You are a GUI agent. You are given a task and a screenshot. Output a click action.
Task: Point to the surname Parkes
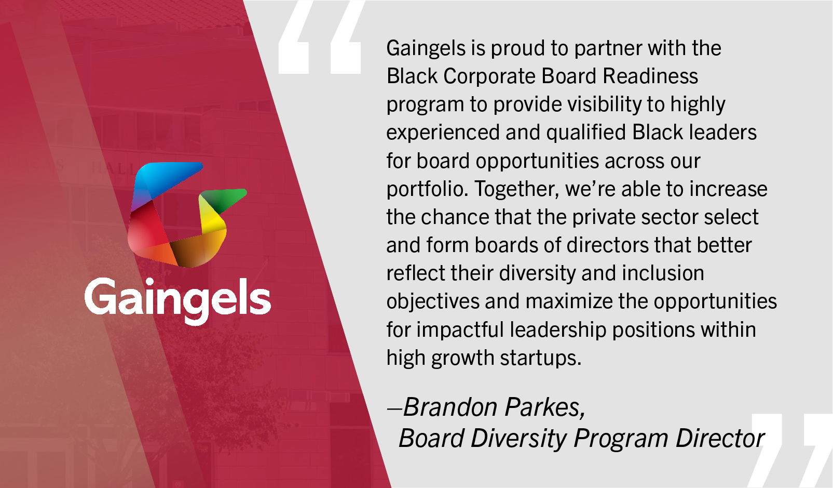[545, 407]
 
